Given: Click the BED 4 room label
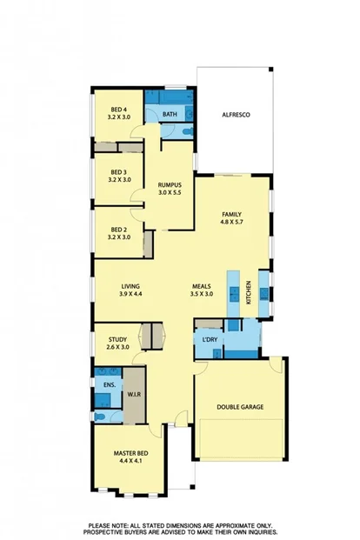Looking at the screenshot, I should (x=119, y=108).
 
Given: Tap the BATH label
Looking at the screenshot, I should (x=170, y=114).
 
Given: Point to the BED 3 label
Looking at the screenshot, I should (x=119, y=171).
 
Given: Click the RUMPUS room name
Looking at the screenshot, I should (x=169, y=184).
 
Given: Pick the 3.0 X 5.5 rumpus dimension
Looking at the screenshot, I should (x=169, y=192).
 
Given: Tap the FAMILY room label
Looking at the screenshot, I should (x=231, y=214).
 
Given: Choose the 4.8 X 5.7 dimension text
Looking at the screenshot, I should (x=231, y=222).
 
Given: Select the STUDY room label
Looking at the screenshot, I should (x=118, y=339).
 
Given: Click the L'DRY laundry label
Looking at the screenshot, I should (x=210, y=338).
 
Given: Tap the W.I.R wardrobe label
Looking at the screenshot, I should (x=135, y=393).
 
